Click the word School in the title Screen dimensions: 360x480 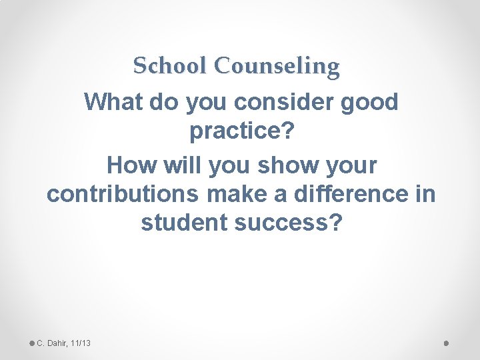[170, 66]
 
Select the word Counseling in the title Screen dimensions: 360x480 [278, 66]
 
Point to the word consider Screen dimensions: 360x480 [291, 103]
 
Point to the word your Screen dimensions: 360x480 [348, 165]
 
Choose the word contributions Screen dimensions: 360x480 [123, 194]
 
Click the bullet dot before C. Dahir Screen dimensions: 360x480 [32, 343]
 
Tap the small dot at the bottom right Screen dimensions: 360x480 [446, 343]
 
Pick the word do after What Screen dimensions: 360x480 [161, 103]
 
